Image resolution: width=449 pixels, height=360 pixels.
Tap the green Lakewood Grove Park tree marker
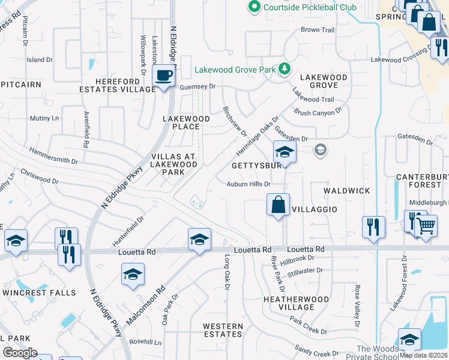tap(284, 70)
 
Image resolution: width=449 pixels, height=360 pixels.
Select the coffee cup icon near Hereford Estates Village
tap(163, 76)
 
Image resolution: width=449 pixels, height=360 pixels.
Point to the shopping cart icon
tap(426, 226)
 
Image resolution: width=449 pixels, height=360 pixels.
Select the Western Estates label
tap(223, 330)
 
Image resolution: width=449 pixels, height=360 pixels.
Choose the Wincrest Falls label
tap(40, 293)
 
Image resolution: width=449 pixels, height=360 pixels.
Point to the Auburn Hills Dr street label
tap(249, 184)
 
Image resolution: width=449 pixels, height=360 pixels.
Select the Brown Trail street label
tap(318, 30)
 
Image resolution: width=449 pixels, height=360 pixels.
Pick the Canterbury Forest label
tap(423, 181)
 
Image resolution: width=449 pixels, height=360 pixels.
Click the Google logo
tap(20, 353)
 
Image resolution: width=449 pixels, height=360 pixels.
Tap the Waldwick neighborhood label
tap(347, 190)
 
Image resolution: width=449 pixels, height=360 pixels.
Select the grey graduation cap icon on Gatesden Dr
tap(321, 150)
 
